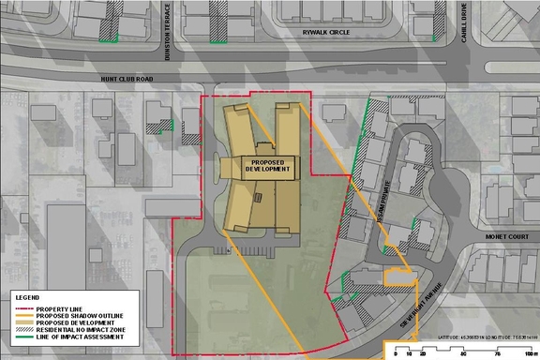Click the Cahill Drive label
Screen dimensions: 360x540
463,19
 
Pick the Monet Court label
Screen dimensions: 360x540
502,239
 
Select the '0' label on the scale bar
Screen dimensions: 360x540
397,355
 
